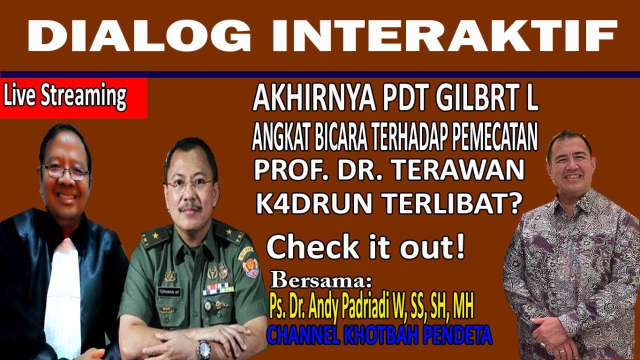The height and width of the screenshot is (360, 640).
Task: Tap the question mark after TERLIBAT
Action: click(x=515, y=203)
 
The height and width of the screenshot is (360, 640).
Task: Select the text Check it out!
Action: click(x=365, y=247)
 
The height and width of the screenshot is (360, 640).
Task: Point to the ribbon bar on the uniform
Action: click(x=218, y=288)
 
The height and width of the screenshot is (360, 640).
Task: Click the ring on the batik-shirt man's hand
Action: click(x=544, y=344)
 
